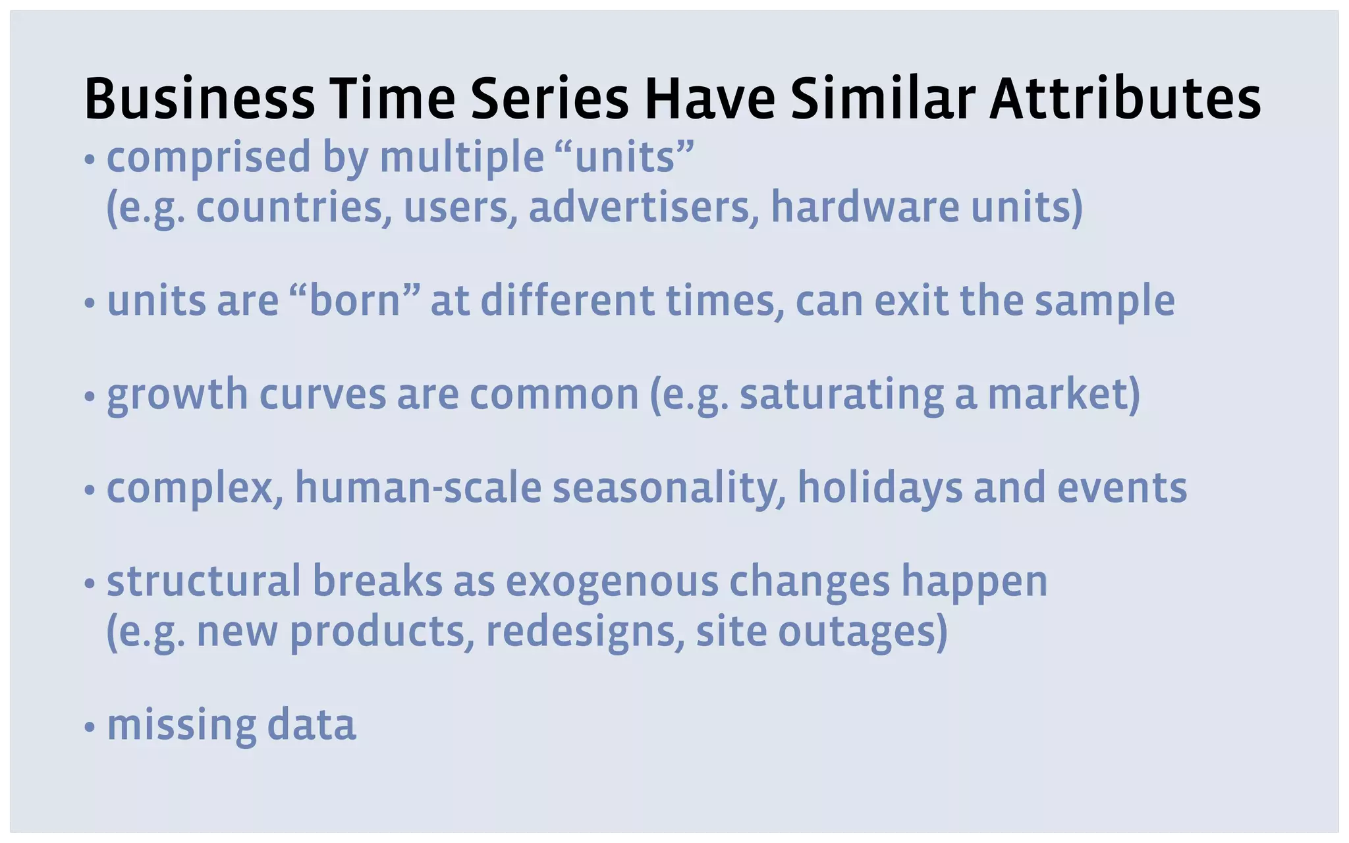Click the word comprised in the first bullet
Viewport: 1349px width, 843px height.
click(x=208, y=158)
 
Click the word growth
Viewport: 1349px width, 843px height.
click(x=177, y=395)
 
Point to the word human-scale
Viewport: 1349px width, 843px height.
click(x=418, y=488)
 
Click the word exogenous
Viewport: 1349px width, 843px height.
click(x=612, y=582)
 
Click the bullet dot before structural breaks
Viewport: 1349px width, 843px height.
click(x=90, y=584)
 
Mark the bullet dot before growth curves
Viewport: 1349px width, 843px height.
click(x=90, y=397)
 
